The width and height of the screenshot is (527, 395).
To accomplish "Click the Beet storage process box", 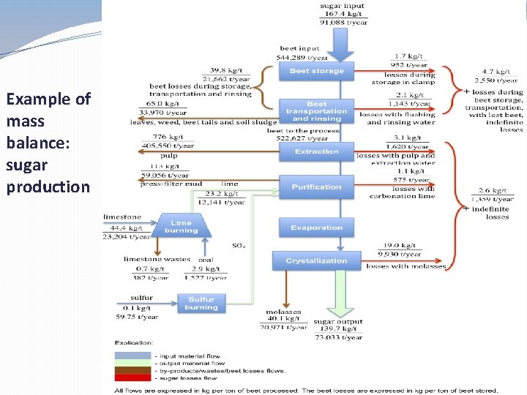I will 316,71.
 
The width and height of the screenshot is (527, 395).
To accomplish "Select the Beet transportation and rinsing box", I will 316,111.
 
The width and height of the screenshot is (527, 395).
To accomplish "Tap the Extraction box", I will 316,151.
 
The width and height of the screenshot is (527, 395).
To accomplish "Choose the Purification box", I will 316,187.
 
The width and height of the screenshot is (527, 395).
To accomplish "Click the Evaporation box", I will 316,227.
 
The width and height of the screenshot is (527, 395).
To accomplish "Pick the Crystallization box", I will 316,260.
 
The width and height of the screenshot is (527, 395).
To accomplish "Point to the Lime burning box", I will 181,227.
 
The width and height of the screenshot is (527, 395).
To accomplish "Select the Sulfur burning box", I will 201,303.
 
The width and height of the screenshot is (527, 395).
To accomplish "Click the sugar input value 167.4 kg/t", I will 343,15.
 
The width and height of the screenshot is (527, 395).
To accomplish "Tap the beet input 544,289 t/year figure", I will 302,57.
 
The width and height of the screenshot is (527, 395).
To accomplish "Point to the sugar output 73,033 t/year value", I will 338,338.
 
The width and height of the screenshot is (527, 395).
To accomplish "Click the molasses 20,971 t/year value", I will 283,327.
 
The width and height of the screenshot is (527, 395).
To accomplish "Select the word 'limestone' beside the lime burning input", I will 122,217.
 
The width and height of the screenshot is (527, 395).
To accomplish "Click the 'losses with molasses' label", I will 405,266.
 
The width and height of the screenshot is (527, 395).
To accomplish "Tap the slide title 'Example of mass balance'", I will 48,110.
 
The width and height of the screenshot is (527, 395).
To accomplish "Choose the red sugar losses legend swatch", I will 133,378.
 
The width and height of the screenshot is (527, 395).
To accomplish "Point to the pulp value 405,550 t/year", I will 168,146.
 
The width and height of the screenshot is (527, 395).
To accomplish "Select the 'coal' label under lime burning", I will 206,259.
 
